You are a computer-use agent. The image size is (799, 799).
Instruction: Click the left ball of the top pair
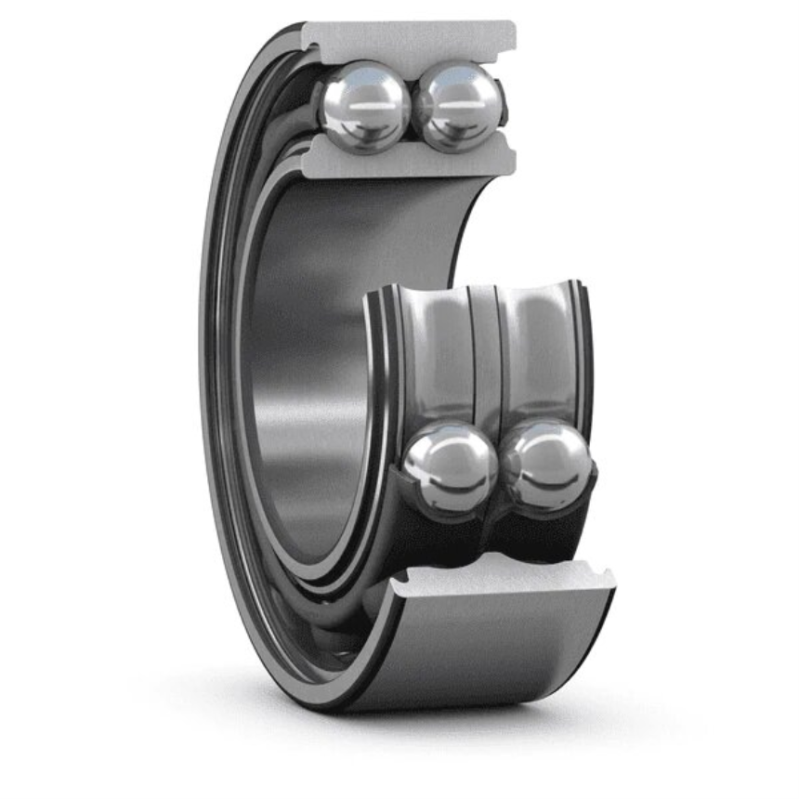(x=363, y=105)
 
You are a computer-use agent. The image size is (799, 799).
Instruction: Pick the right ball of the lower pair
(x=545, y=462)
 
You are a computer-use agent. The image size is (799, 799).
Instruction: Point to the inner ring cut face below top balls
(x=409, y=160)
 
